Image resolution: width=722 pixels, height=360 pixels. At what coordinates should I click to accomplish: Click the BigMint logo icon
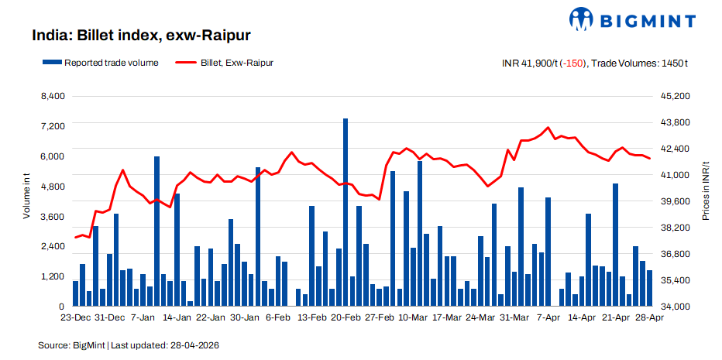point(583,19)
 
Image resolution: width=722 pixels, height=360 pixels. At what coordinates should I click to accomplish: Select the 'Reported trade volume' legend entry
point(101,63)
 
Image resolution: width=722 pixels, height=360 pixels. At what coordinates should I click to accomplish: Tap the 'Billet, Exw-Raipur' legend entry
point(225,63)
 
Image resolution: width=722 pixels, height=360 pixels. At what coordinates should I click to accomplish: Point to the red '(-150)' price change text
point(574,63)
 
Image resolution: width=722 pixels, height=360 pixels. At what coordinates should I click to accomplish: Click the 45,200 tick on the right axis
point(672,96)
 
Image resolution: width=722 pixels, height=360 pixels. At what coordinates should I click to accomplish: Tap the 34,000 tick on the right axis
point(672,307)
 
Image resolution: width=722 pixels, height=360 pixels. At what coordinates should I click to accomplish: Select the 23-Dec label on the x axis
point(77,317)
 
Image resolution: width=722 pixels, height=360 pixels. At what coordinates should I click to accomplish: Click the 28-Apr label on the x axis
point(649,317)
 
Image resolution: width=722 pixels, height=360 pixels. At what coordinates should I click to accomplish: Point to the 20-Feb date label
point(346,317)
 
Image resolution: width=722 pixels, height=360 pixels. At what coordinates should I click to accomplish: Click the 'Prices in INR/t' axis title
point(706,190)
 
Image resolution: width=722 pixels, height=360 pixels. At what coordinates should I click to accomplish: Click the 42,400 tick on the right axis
point(672,149)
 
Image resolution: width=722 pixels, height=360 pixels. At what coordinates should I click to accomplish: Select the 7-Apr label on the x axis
point(548,317)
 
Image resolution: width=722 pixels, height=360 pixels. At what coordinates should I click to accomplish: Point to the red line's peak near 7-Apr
point(548,128)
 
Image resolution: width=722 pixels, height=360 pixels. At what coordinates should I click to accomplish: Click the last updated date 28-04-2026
point(198,344)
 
